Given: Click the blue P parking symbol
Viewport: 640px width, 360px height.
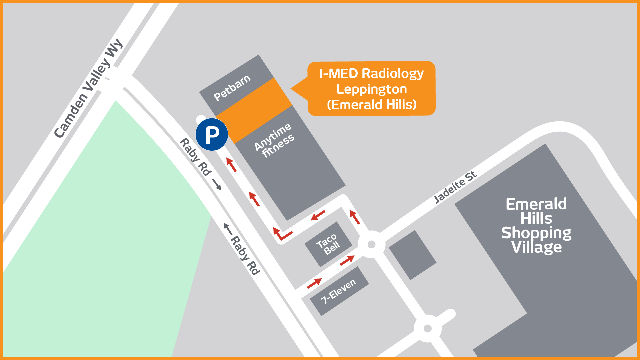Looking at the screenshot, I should [212, 134].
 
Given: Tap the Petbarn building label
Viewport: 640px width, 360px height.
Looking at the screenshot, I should [232, 88].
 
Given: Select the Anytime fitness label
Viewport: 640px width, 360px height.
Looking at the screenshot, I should [274, 141].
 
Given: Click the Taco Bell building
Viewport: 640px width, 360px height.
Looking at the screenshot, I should [328, 244].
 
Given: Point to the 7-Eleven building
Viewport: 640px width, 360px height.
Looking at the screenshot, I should [339, 291].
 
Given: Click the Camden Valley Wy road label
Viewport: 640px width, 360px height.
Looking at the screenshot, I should [88, 88].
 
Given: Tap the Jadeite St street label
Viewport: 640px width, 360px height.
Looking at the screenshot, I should [455, 187].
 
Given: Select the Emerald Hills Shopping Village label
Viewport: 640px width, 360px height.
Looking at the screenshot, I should [536, 225].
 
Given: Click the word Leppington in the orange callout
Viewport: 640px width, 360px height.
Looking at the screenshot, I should [371, 89].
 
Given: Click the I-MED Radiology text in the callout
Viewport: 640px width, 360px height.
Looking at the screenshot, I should [371, 74].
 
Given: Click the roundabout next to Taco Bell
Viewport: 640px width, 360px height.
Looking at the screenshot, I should [371, 245].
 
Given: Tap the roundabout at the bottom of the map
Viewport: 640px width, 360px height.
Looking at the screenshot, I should [428, 329].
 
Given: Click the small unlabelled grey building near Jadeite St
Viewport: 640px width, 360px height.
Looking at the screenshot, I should [412, 255].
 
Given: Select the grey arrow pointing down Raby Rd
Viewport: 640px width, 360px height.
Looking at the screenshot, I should [217, 184].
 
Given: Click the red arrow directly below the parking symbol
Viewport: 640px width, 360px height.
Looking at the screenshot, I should [231, 165].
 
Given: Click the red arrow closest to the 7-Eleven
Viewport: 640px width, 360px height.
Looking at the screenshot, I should [314, 283].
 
